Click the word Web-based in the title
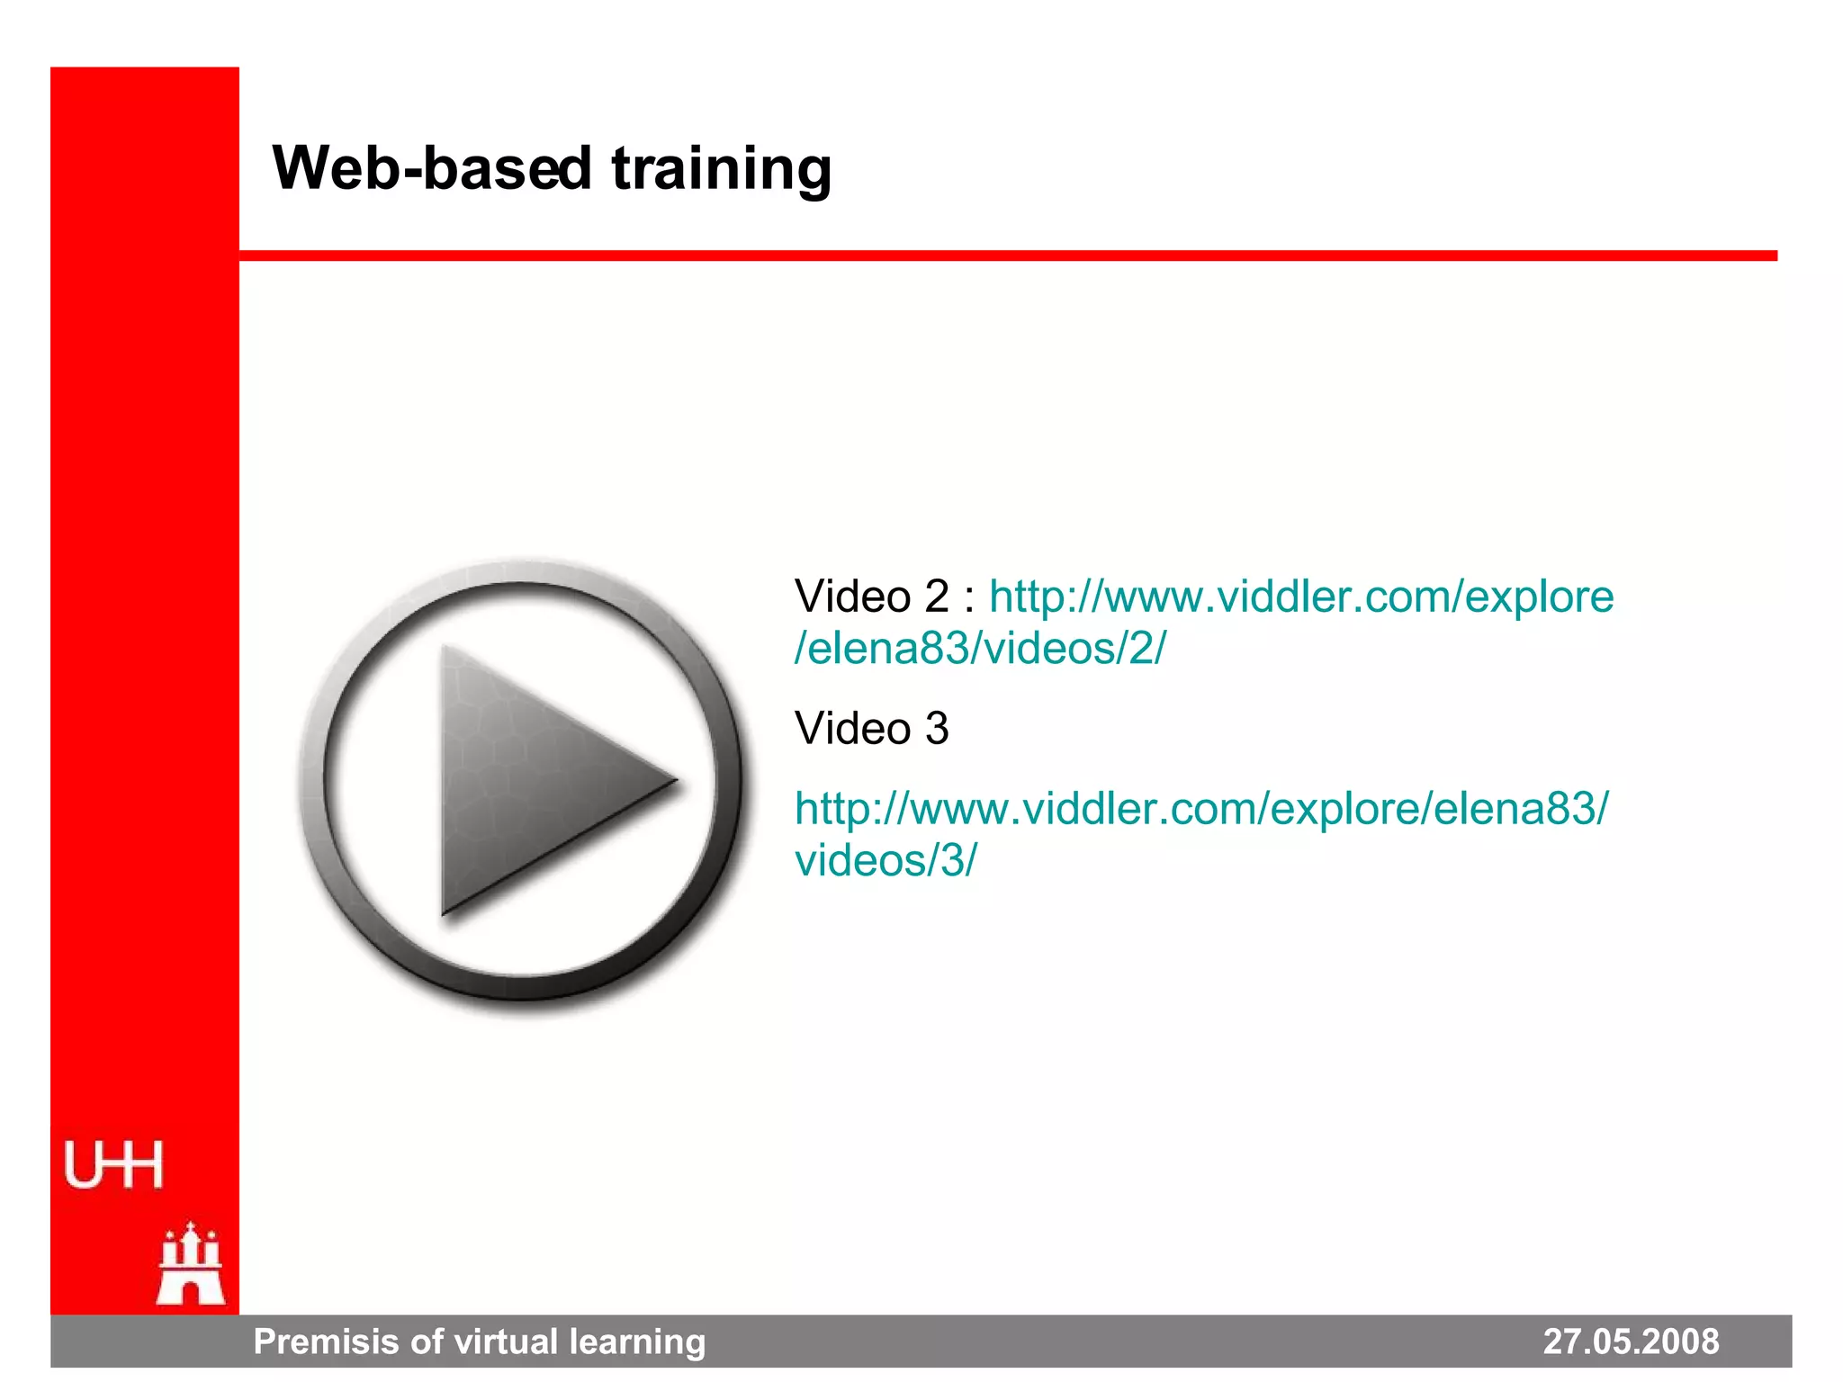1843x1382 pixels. (x=432, y=168)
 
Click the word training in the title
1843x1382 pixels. (x=722, y=168)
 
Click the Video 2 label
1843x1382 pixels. (x=871, y=597)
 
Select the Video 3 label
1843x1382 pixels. (x=871, y=728)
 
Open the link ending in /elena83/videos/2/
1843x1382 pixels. (x=979, y=648)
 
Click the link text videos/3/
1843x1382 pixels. (x=886, y=860)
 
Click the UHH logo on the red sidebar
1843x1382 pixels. (x=113, y=1165)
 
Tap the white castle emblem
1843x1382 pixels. (x=191, y=1264)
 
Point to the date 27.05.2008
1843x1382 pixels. (x=1631, y=1342)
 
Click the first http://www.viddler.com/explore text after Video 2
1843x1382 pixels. (x=1301, y=597)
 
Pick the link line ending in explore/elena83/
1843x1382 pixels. (x=1201, y=808)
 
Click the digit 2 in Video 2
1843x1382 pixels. (x=937, y=597)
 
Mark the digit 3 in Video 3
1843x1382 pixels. (x=937, y=728)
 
